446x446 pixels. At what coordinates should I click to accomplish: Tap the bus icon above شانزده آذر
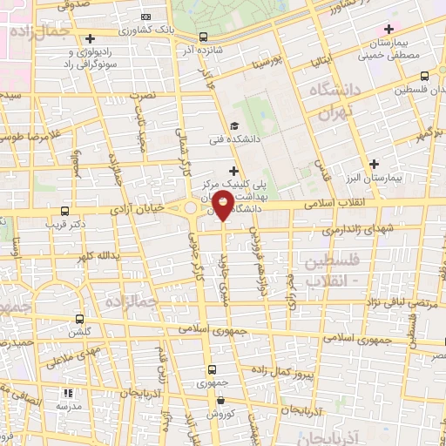click(x=203, y=37)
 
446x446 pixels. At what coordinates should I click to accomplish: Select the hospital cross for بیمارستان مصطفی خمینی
click(x=389, y=30)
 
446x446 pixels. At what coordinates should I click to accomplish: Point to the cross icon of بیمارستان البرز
click(x=374, y=163)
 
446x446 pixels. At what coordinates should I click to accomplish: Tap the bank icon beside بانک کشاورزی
click(x=145, y=17)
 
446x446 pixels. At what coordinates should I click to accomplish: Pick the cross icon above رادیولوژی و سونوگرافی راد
click(x=91, y=38)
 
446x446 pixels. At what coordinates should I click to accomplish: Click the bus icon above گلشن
click(x=80, y=319)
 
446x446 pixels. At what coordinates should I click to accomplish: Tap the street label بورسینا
click(x=264, y=64)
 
